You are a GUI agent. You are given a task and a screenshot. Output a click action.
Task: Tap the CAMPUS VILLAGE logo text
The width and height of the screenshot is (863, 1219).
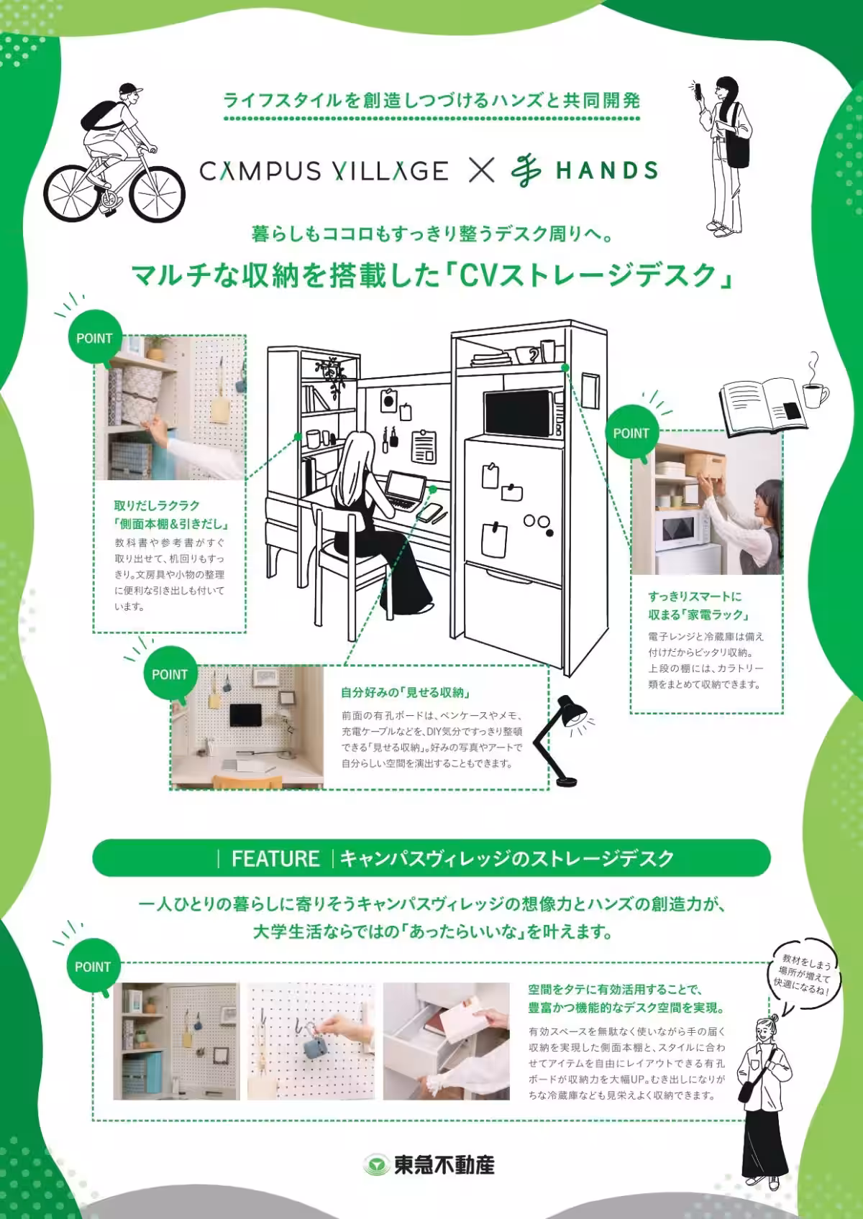pos(323,171)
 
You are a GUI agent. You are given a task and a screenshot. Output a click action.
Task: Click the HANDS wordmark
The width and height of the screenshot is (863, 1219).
pos(606,171)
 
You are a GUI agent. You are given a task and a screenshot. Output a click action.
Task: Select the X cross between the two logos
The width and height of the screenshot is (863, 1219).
pos(482,170)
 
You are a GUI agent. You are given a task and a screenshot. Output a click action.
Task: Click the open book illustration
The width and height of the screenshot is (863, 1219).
pos(762,404)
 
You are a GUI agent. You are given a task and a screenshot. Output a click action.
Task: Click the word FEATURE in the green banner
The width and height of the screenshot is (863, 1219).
pos(275,858)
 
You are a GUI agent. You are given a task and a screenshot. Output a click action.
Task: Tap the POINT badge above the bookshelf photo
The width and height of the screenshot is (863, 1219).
pos(94,339)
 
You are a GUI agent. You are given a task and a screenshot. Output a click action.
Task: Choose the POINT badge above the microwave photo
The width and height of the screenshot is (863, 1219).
pos(631,433)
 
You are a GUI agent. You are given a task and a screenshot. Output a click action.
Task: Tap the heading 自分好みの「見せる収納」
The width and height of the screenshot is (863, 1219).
pos(406,693)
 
